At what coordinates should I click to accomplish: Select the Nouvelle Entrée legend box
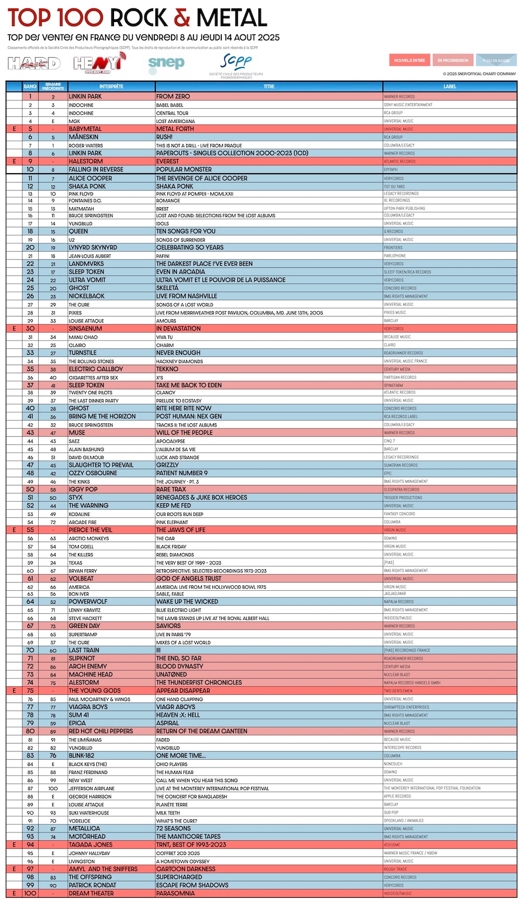tap(410, 60)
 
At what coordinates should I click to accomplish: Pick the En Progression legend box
tap(453, 60)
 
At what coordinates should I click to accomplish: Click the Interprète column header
tap(111, 86)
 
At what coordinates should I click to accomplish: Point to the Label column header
tap(450, 86)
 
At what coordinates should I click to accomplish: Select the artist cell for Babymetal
tap(85, 129)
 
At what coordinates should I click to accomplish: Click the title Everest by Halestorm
tap(167, 161)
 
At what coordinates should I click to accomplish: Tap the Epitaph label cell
tap(391, 170)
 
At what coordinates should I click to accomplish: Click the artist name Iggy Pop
tap(83, 489)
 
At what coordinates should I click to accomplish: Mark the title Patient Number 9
tap(181, 473)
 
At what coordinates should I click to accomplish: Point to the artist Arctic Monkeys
tap(89, 538)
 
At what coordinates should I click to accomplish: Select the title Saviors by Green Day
tap(168, 626)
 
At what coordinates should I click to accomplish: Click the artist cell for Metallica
tap(84, 828)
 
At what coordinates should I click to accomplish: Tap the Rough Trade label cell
tap(395, 869)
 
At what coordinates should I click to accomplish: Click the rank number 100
tap(30, 893)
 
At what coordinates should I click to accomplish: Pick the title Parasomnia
tap(175, 893)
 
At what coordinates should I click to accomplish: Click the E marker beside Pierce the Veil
tap(14, 530)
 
